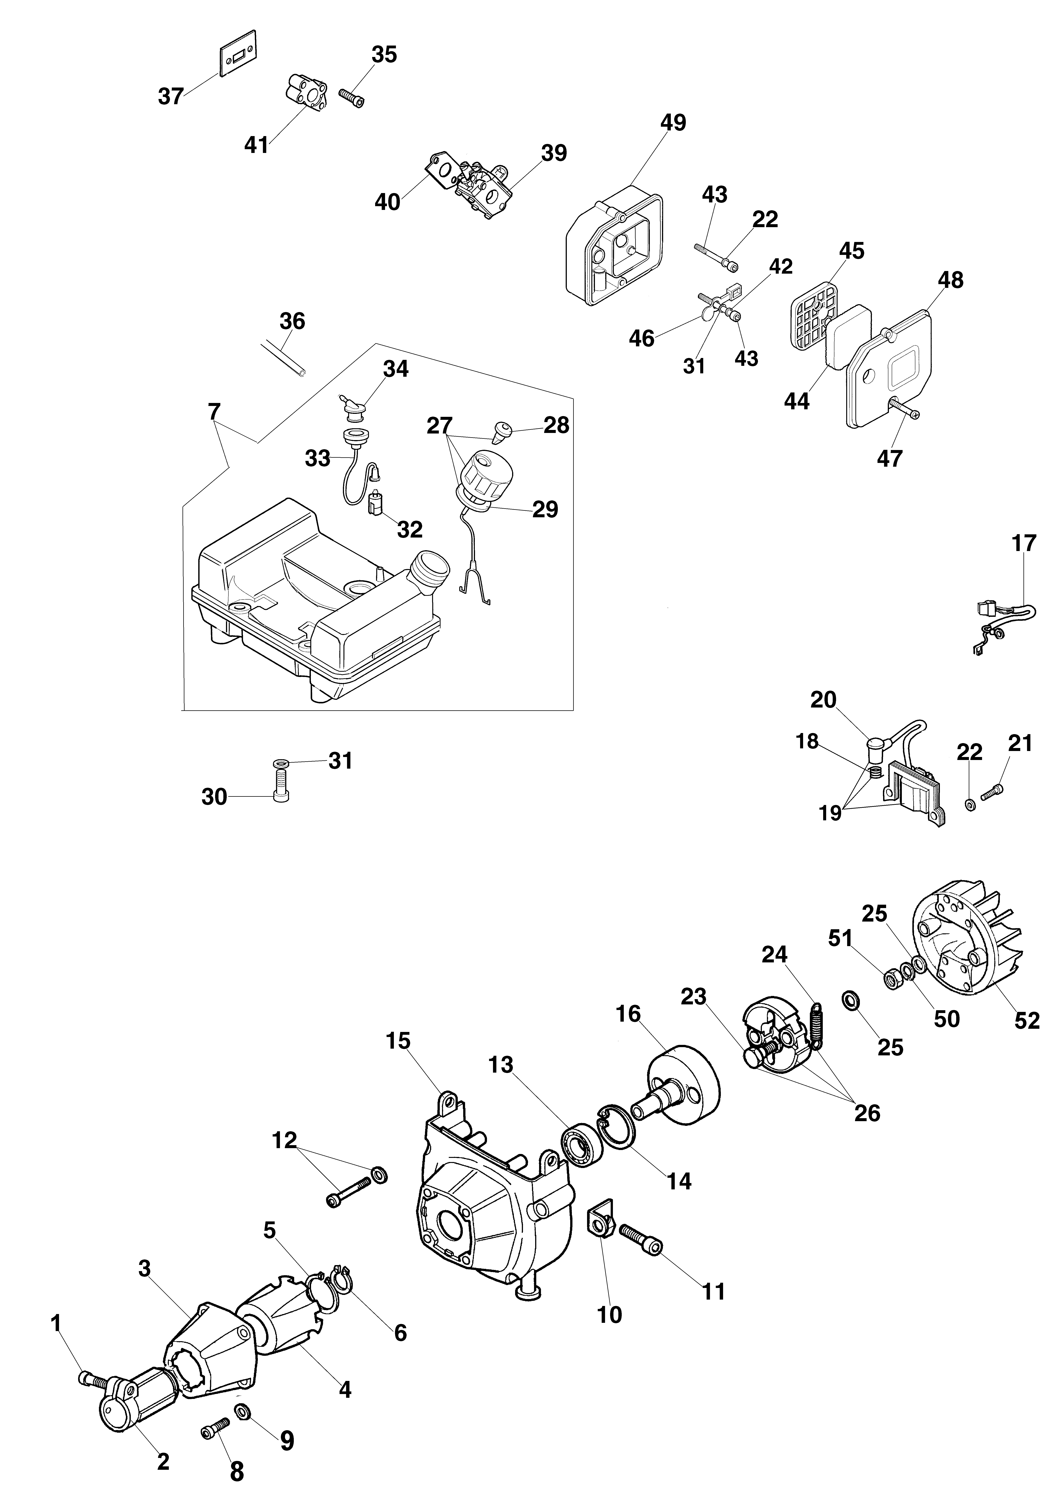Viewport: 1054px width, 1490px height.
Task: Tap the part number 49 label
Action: (673, 122)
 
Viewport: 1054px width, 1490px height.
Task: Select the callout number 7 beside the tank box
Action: (214, 411)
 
